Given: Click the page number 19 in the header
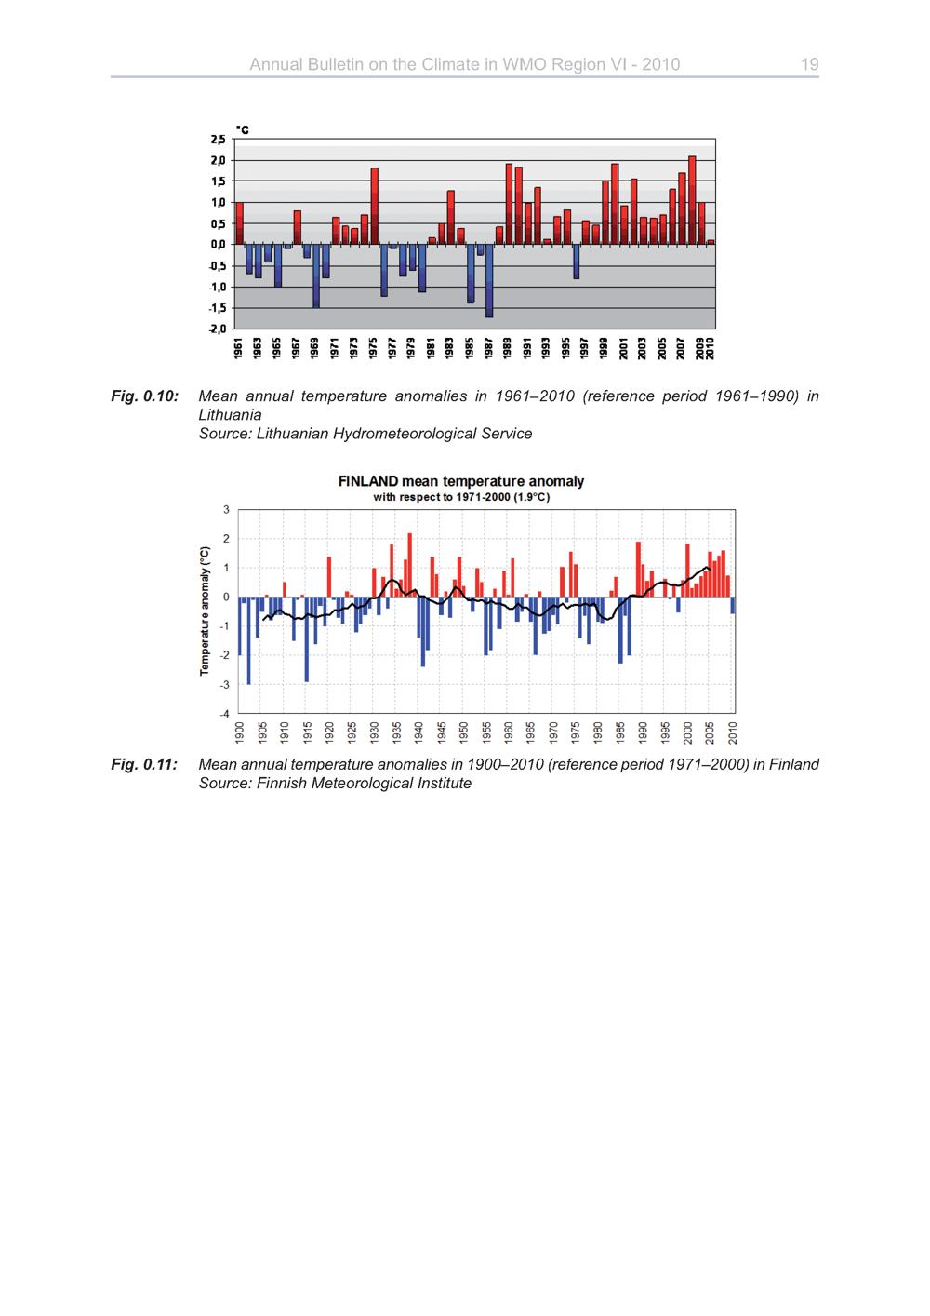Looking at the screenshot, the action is [809, 64].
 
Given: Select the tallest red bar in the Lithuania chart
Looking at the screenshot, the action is [692, 200].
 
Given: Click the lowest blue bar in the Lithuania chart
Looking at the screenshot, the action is [489, 281].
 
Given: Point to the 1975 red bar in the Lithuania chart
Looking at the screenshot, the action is [374, 207].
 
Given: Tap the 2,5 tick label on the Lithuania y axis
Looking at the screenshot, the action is [218, 140].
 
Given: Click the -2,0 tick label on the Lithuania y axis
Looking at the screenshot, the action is [218, 329].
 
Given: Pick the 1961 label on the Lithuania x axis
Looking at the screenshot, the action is [238, 348].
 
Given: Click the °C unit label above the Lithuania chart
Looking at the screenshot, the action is [242, 130].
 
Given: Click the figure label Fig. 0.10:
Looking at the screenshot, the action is [144, 396].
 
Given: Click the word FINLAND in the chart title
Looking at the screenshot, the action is [368, 481].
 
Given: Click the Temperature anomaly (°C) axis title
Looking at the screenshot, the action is [205, 611].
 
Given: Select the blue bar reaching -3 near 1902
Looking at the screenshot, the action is [248, 640].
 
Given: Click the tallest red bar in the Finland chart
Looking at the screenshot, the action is [410, 565].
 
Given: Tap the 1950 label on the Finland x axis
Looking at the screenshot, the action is [463, 732].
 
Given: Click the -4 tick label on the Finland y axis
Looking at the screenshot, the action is [224, 714].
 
